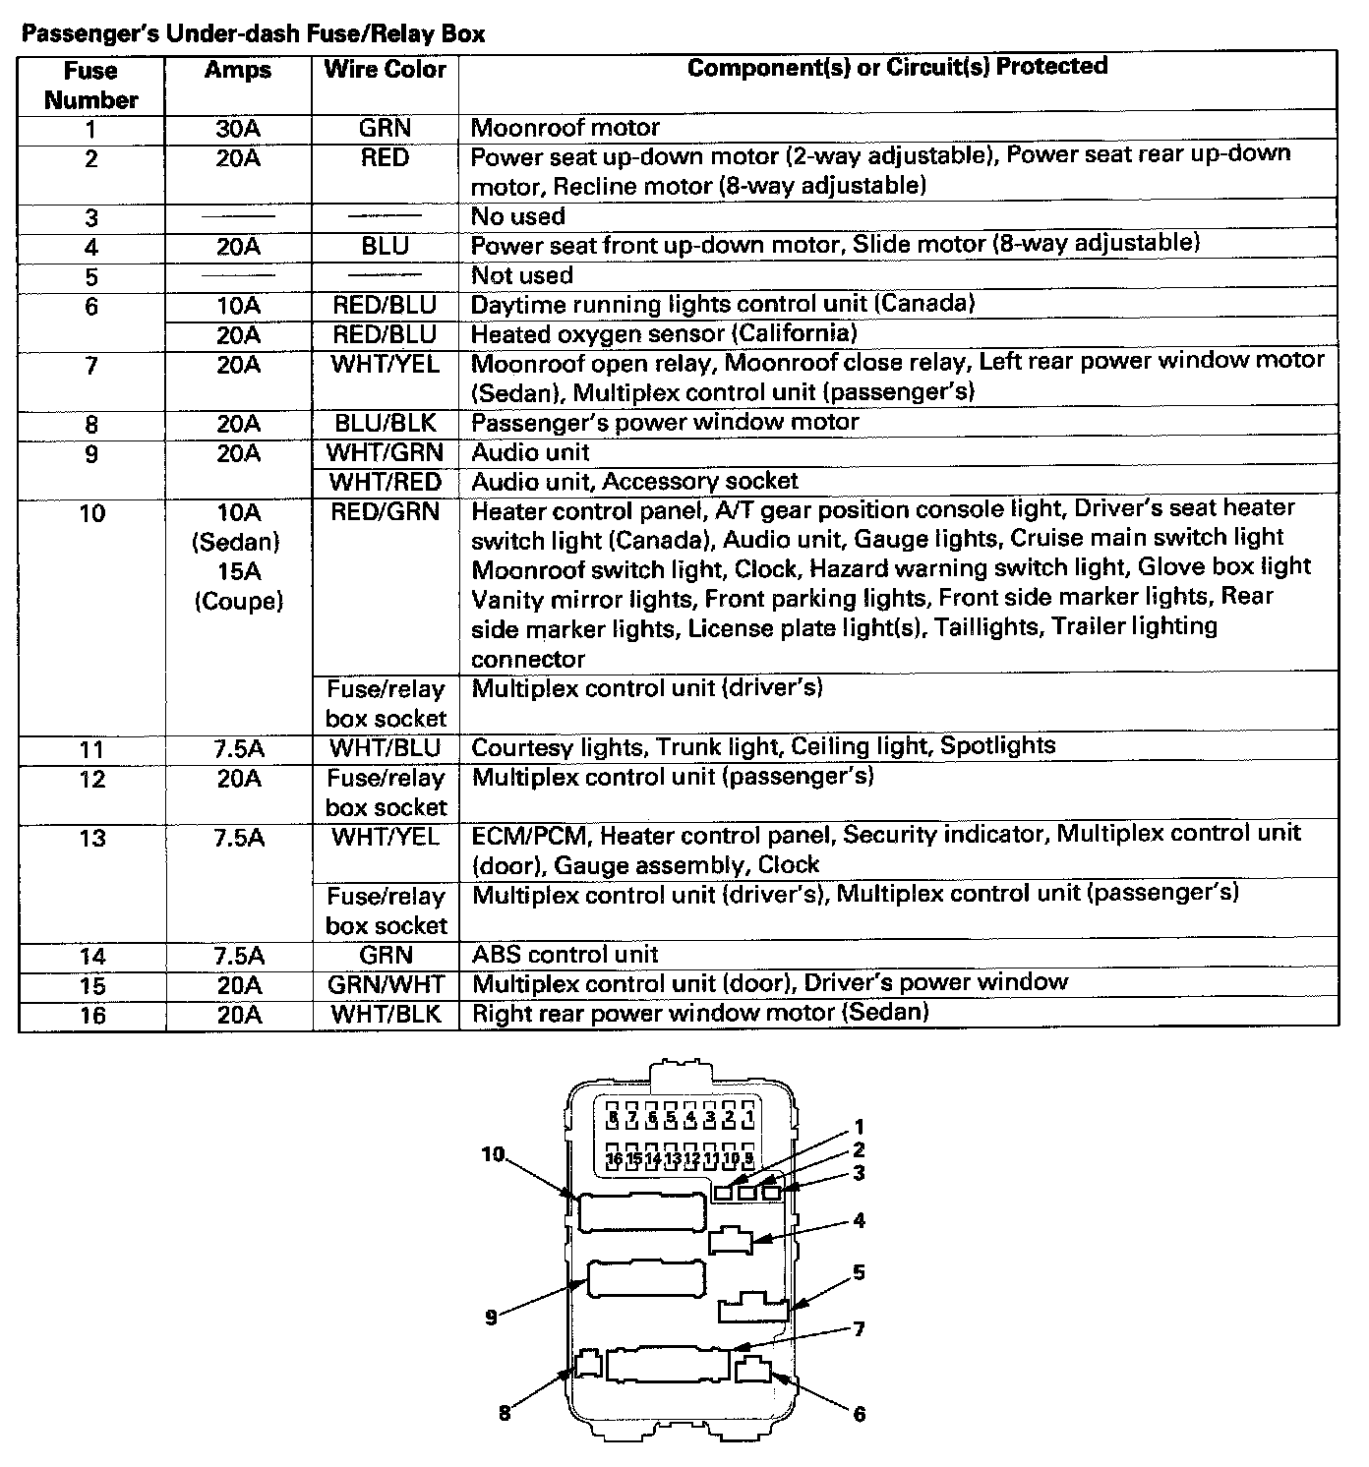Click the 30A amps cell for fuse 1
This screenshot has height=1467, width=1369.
(238, 128)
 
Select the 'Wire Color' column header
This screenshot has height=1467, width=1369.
(385, 70)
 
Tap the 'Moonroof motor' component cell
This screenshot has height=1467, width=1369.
(565, 128)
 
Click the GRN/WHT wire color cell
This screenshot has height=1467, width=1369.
(386, 984)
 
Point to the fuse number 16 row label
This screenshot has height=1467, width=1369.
(91, 1015)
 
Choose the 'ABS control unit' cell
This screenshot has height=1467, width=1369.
(565, 954)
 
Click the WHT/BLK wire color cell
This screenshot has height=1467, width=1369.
(386, 1015)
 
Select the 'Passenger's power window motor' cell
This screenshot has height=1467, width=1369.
(666, 423)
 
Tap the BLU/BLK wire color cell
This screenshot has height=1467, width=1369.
(386, 424)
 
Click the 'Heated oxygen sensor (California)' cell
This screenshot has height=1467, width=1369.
(664, 334)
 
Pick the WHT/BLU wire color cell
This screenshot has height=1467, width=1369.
(386, 748)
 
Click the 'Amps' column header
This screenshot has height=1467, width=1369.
(238, 70)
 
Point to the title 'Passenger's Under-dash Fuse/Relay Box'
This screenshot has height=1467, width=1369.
(254, 34)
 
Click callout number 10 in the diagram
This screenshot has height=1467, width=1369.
(493, 1154)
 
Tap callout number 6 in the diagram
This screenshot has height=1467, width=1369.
(859, 1413)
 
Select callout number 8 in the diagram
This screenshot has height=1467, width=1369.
(505, 1413)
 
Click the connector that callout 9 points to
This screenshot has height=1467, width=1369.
(646, 1280)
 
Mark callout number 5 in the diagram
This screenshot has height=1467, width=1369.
(859, 1273)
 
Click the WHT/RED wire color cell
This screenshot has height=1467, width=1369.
(386, 482)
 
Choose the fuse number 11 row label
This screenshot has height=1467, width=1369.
(91, 749)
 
